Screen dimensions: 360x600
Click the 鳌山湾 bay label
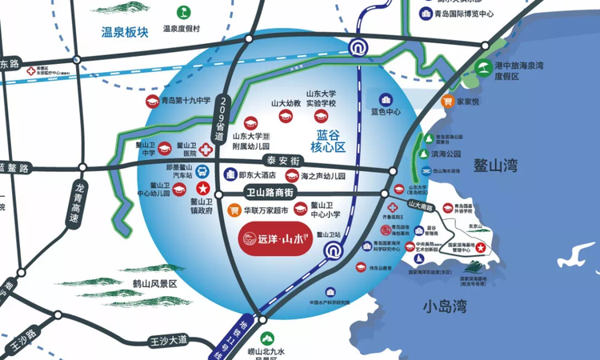(x=497, y=166)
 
